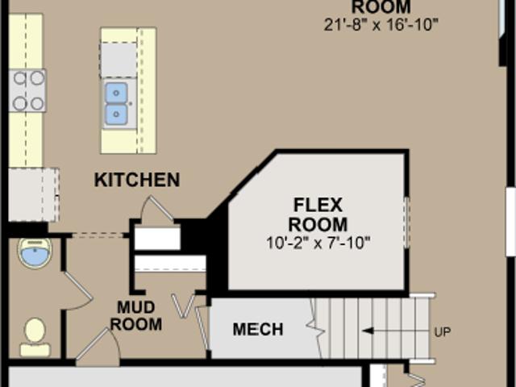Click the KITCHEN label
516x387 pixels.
coord(137,180)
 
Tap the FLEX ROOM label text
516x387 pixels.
coord(318,214)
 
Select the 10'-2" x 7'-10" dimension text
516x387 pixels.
coord(318,243)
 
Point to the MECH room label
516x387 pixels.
coord(258,329)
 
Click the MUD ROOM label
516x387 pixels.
coord(136,316)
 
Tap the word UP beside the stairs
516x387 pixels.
coord(443,332)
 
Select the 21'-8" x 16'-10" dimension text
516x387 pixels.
coord(381,25)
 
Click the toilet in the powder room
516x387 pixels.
coord(35,337)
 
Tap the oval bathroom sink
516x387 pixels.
coord(35,252)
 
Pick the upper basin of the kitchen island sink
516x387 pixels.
coord(116,94)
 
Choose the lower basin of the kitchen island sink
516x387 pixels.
coord(116,114)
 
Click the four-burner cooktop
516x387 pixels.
coord(27,90)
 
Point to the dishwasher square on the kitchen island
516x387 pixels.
coord(119,60)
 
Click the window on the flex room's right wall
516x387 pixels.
coord(406,223)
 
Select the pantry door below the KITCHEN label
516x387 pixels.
coord(156,209)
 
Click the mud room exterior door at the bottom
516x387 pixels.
coord(98,347)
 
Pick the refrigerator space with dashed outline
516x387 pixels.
coord(34,194)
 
